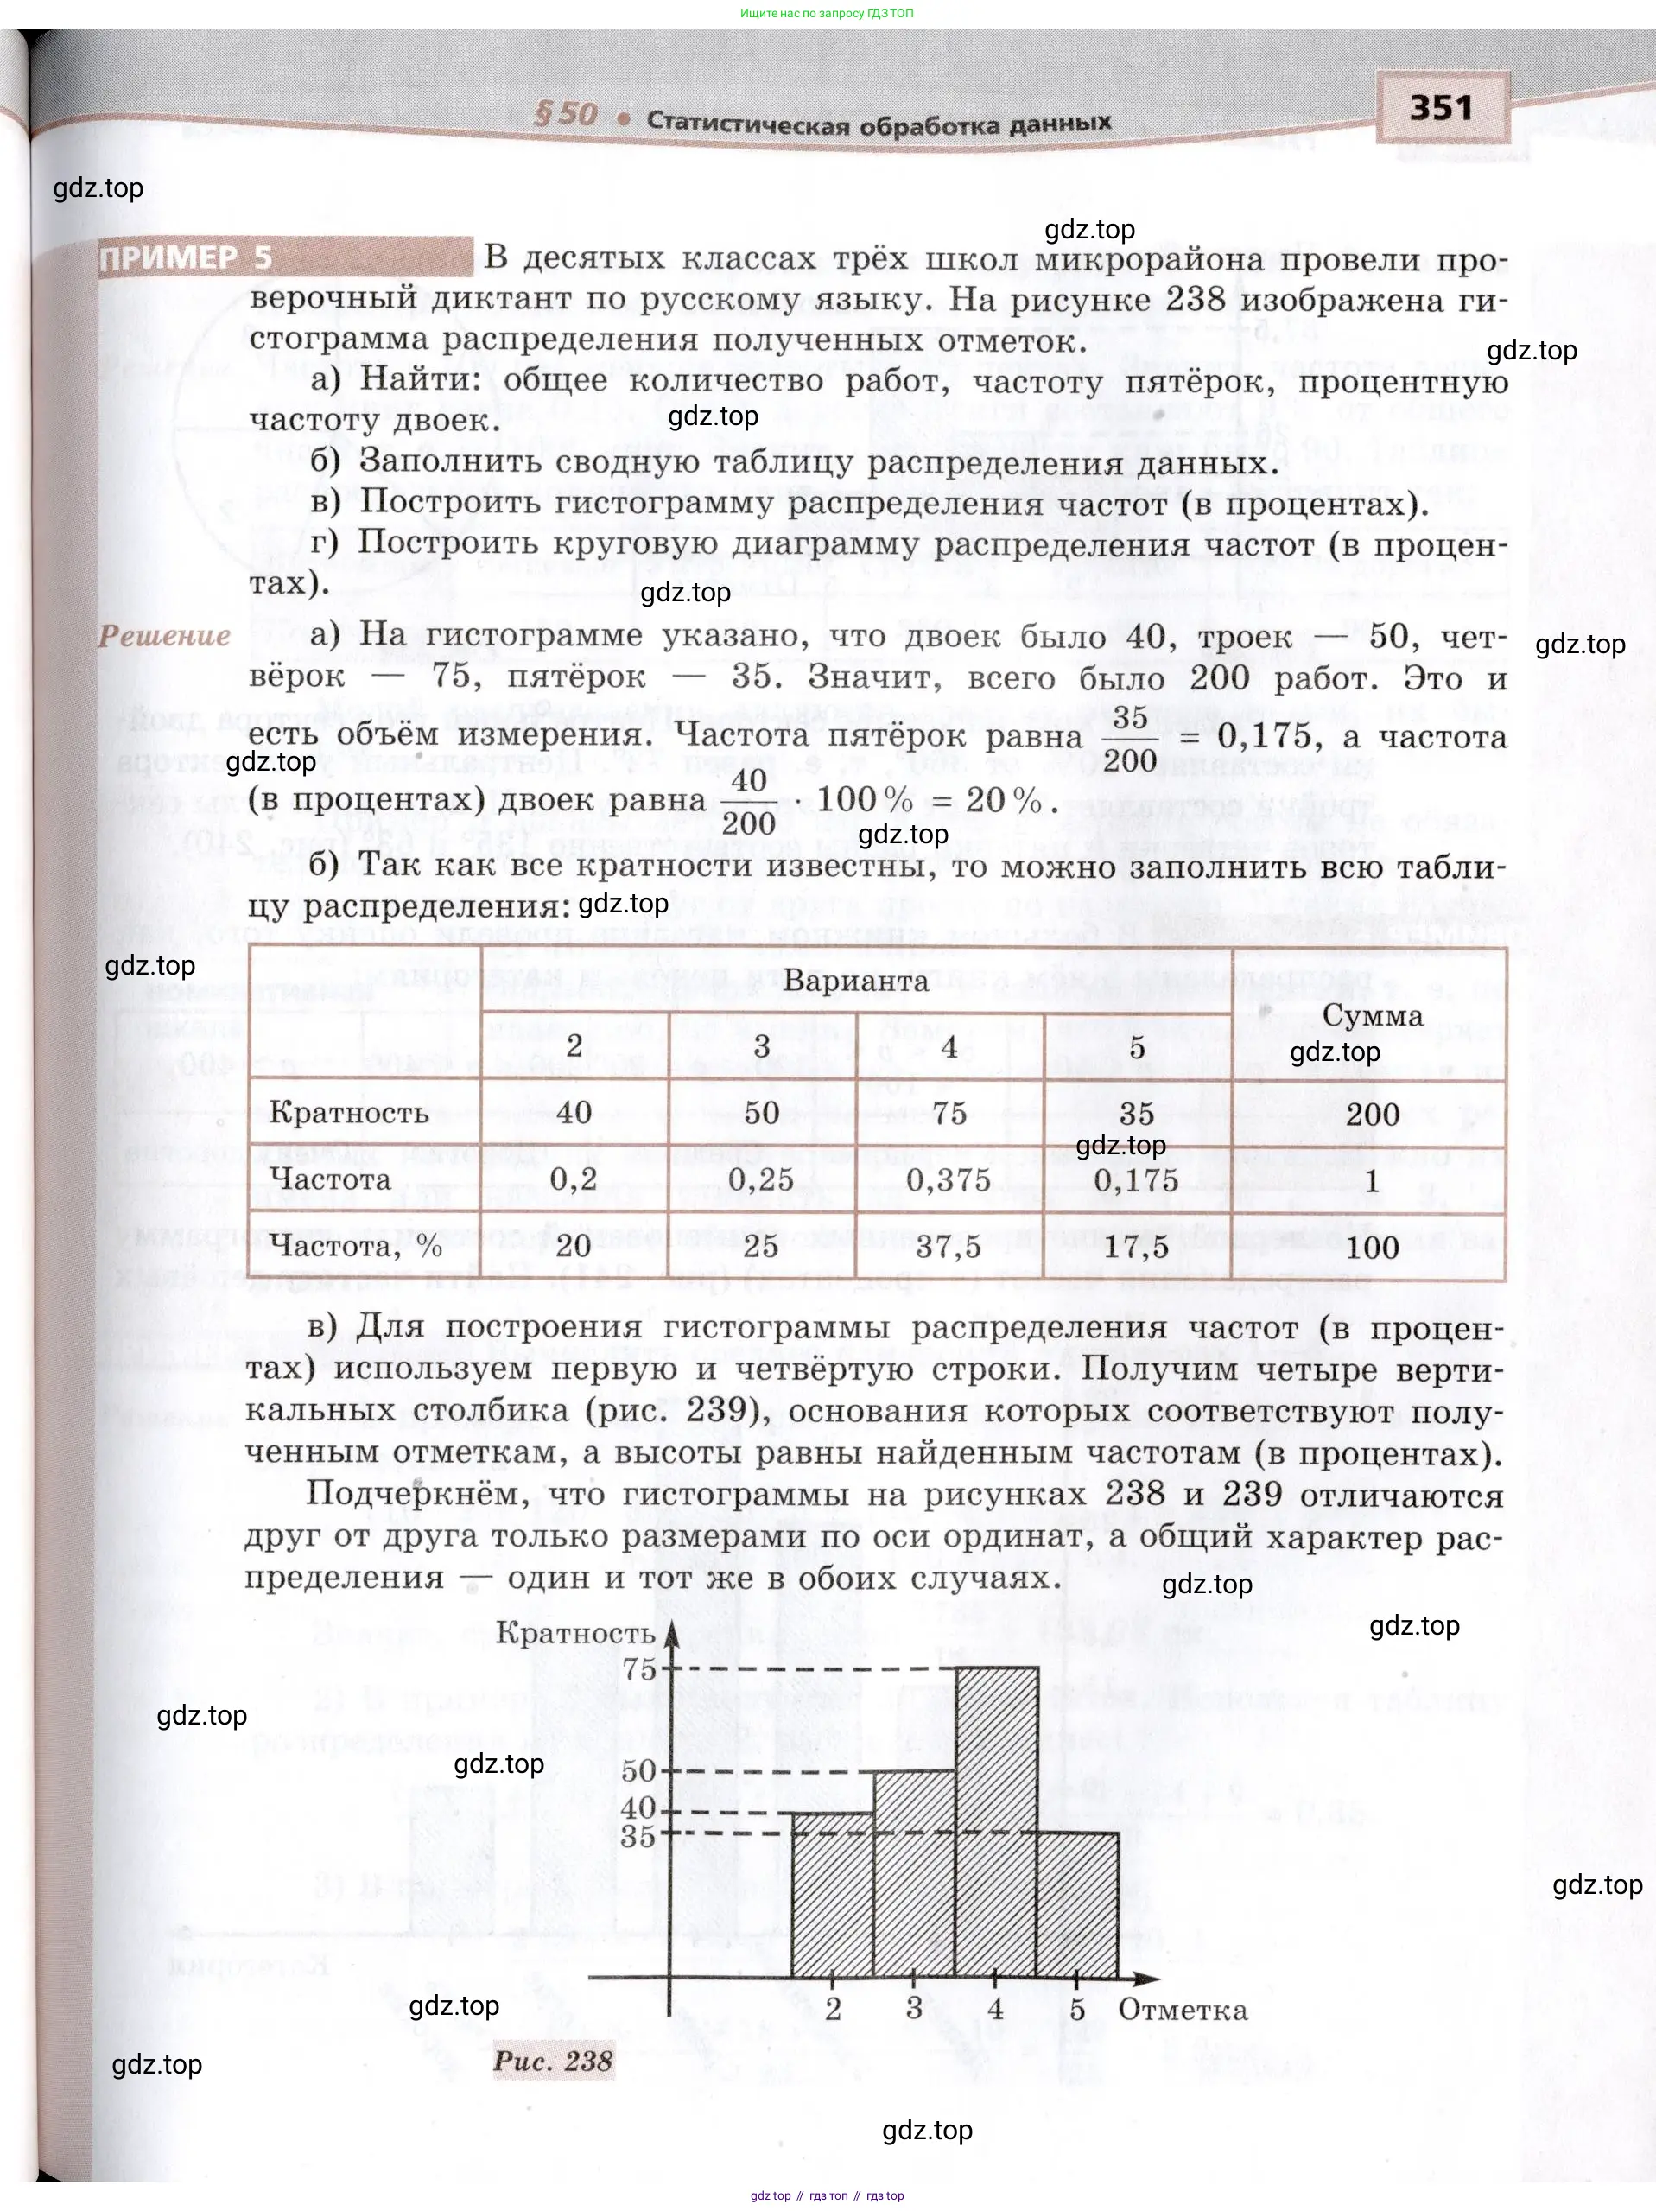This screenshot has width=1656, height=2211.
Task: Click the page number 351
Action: coord(1441,108)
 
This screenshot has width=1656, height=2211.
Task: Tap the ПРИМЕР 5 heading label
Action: coord(186,257)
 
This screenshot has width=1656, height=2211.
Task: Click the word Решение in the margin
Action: coord(165,636)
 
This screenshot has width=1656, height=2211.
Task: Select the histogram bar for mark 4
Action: coord(996,1821)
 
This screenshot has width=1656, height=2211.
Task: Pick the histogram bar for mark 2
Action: coord(833,1894)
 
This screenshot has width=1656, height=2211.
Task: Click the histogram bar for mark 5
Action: coord(1077,1904)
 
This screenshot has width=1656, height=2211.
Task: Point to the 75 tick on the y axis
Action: coord(639,1668)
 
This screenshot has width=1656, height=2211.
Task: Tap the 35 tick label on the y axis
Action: coord(638,1835)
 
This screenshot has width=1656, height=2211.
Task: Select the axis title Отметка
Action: coord(1183,2010)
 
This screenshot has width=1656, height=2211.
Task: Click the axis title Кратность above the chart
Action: coord(574,1633)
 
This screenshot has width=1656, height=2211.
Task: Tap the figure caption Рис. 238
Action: coord(554,2061)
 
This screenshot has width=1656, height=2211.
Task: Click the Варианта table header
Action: coord(855,981)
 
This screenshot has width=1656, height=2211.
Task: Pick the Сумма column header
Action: coord(1372,1014)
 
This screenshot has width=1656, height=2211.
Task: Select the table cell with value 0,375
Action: coord(949,1179)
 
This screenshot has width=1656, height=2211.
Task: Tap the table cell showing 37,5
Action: coord(949,1247)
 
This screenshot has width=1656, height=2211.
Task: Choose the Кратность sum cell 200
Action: coord(1372,1114)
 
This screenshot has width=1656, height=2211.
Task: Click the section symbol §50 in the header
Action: coord(566,115)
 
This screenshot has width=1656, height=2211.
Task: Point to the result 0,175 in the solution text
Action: coord(1264,735)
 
